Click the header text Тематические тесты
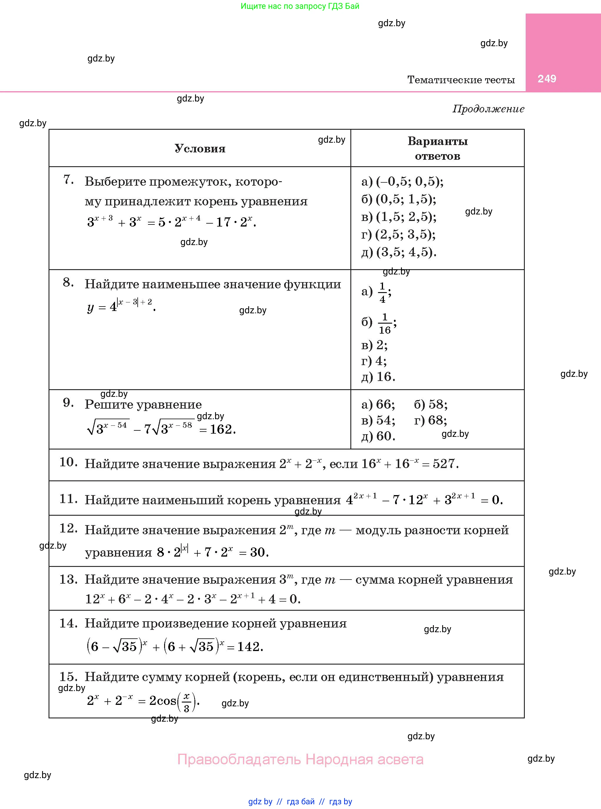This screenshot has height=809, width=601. tap(461, 80)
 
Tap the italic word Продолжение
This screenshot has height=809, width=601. tap(488, 109)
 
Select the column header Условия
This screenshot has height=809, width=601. tap(200, 148)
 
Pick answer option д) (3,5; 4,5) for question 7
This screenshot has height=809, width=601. tap(399, 252)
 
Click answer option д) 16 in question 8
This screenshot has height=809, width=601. tap(378, 377)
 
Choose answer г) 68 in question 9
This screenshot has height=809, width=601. tap(430, 420)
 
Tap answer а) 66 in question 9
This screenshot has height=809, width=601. tap(378, 404)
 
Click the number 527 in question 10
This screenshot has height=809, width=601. tap(445, 464)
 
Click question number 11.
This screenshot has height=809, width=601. tap(68, 499)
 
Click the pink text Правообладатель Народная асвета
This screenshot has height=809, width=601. tap(300, 760)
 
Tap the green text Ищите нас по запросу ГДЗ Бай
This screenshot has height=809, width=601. tap(300, 6)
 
